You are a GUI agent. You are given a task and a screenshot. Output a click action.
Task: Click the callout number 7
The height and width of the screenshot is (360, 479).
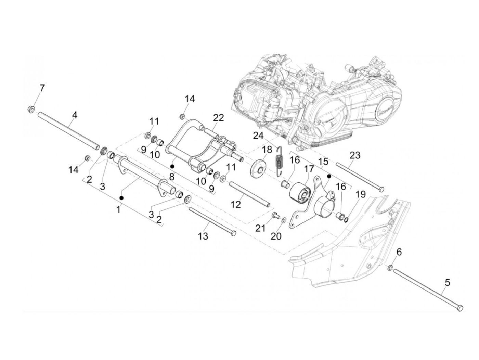pyautogui.click(x=42, y=88)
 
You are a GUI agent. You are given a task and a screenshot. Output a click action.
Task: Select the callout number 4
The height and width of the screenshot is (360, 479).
pyautogui.click(x=74, y=115)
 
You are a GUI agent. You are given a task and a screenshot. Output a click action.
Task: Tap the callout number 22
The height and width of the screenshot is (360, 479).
pyautogui.click(x=218, y=118)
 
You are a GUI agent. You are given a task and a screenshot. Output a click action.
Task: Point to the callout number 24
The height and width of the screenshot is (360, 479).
pyautogui.click(x=258, y=136)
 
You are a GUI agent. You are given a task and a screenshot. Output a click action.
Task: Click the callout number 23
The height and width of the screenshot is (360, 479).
pyautogui.click(x=355, y=155)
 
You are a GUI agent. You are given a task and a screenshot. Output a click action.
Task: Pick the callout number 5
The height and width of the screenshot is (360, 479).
pyautogui.click(x=448, y=283)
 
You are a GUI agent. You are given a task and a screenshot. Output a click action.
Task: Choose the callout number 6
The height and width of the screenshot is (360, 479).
pyautogui.click(x=399, y=252)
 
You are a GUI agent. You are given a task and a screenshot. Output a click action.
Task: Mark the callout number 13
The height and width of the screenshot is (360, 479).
pyautogui.click(x=203, y=236)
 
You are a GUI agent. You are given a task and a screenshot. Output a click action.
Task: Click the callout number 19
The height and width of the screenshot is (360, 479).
pyautogui.click(x=361, y=194)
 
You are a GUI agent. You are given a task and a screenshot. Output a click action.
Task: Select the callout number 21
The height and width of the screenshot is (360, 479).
pyautogui.click(x=260, y=228)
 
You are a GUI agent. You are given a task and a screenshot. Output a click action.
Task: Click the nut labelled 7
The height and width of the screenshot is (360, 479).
pyautogui.click(x=31, y=110)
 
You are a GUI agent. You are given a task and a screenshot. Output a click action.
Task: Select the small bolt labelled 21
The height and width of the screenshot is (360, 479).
pyautogui.click(x=275, y=215)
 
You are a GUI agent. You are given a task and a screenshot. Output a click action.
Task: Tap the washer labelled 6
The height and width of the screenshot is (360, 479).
pyautogui.click(x=390, y=267)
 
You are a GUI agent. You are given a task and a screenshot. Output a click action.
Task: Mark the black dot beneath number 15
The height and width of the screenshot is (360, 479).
pyautogui.click(x=329, y=176)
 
